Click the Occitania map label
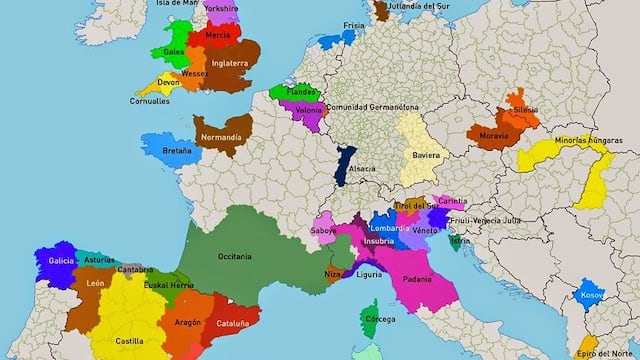pyautogui.click(x=234, y=256)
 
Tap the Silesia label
pyautogui.click(x=525, y=109)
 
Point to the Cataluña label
pyautogui.click(x=239, y=324)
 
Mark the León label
pyautogui.click(x=96, y=284)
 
